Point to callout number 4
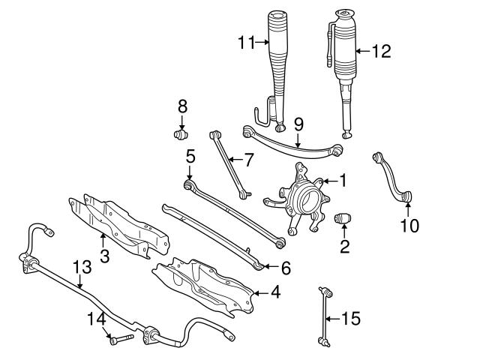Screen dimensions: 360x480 (275, 292)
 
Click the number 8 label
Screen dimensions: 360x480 (181, 107)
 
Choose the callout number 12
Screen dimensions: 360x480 (382, 51)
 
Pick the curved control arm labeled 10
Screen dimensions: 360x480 (394, 176)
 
